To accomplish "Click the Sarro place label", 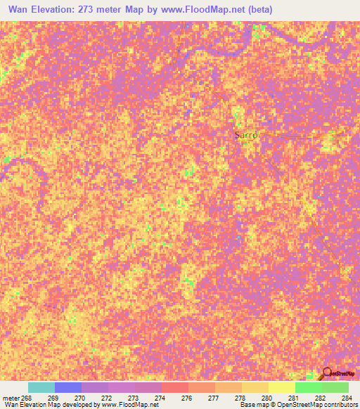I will (247, 135).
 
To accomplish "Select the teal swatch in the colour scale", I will (41, 387).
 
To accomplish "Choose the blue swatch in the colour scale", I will (67, 387).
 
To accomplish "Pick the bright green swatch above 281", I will (308, 387).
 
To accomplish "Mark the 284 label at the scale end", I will (345, 397).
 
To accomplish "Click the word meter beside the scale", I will (10, 397).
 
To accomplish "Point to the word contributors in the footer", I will (338, 405).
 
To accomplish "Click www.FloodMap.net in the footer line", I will (129, 405).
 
